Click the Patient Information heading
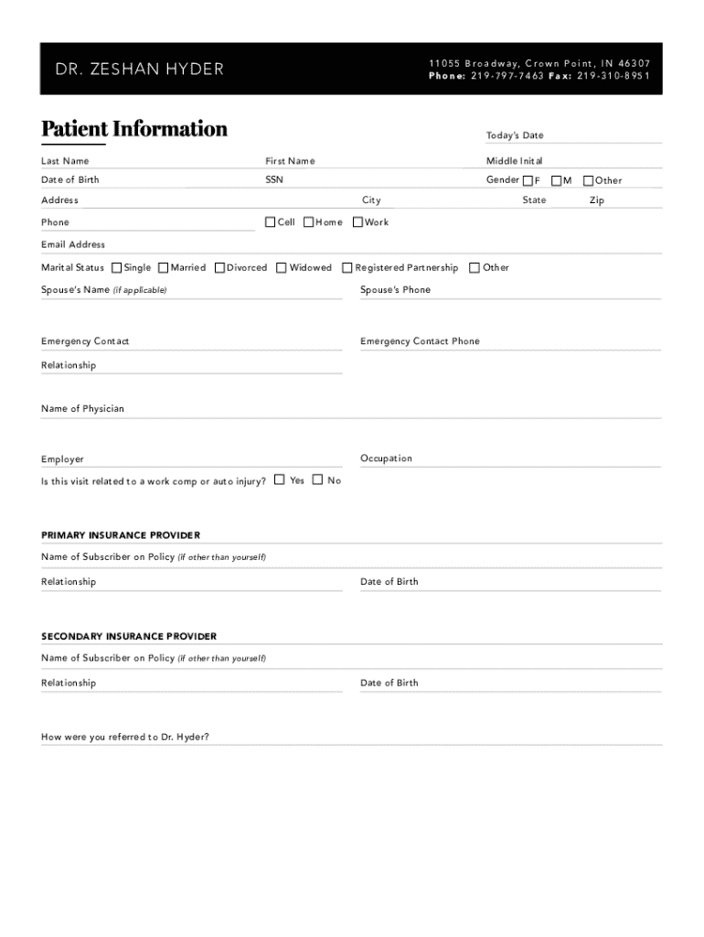click(134, 128)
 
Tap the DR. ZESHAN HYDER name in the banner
click(140, 70)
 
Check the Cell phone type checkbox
click(270, 221)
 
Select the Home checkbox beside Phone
click(308, 221)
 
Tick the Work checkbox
click(357, 221)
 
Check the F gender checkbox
click(528, 180)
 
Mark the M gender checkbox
click(556, 180)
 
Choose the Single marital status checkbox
click(116, 267)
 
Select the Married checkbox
click(163, 267)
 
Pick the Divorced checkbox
click(219, 267)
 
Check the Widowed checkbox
click(282, 267)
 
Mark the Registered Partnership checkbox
click(347, 267)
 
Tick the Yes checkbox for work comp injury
click(279, 479)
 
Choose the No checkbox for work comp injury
click(317, 479)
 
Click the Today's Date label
click(515, 135)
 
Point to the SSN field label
click(274, 180)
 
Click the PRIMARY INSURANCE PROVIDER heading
click(121, 535)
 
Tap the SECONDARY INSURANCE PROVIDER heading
click(129, 636)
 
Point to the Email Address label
click(73, 244)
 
